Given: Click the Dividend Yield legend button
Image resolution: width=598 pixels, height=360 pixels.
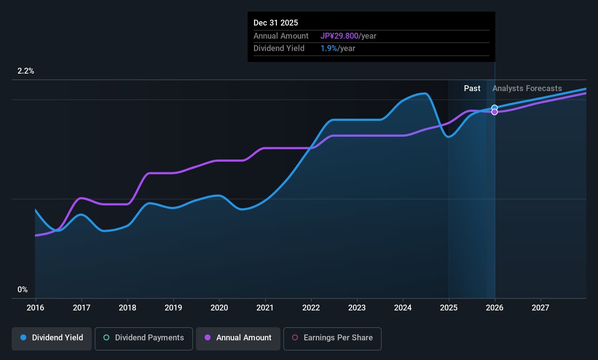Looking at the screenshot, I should pos(52,338).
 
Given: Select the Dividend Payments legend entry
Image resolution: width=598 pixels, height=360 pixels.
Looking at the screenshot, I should pos(144,338).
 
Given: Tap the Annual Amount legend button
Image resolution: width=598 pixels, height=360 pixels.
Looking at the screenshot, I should pos(238,338).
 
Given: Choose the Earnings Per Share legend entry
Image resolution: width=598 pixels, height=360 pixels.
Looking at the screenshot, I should pos(332,338).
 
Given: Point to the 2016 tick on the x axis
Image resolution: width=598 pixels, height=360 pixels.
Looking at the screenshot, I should pos(35,308).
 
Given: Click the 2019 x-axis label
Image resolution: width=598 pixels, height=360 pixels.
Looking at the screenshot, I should pos(173,308).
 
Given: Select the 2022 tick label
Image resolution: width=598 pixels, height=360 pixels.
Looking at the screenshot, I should pos(311,308).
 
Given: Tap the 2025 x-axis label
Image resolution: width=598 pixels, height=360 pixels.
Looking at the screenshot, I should pos(449,308).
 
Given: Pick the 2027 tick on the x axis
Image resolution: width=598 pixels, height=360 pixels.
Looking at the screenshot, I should pos(540,308).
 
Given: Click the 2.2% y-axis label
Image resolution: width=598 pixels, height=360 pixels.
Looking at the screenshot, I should pos(26,71).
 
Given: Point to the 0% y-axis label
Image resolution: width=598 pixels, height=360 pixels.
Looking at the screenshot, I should pos(23,290).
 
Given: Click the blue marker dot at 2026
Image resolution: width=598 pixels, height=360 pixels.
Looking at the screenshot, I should pos(495,108).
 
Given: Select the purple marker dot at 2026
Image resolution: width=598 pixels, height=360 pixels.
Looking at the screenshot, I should pos(495,112).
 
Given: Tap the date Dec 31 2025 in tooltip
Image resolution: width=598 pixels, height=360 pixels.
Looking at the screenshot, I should pos(276,23).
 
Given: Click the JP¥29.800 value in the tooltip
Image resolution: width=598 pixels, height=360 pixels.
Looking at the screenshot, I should pos(339,36).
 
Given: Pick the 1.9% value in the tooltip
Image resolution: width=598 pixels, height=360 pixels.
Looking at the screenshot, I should pos(329,48).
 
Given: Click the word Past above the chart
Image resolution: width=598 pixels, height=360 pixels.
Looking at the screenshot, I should pos(472,89).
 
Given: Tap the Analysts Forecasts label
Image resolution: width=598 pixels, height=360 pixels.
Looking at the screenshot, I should pos(527,89).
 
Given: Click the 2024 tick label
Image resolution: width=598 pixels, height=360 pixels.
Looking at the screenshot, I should pos(403,308).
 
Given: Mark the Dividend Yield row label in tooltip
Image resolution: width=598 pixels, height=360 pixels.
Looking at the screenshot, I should pos(279,48).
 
